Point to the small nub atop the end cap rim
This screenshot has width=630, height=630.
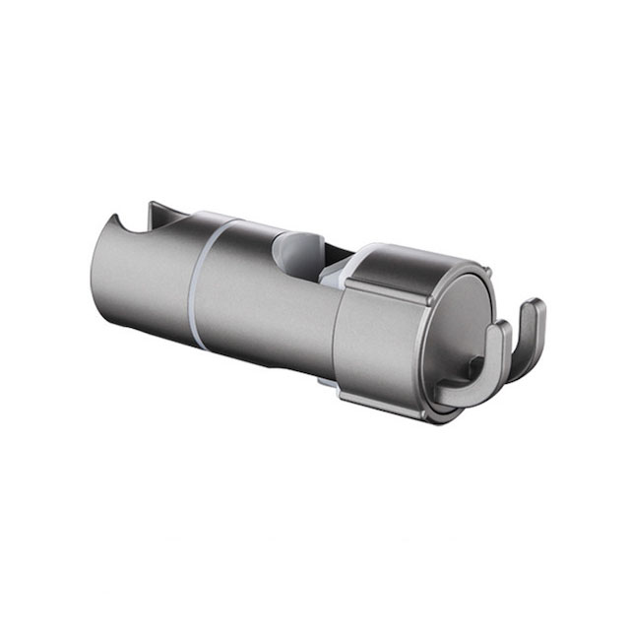482,267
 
